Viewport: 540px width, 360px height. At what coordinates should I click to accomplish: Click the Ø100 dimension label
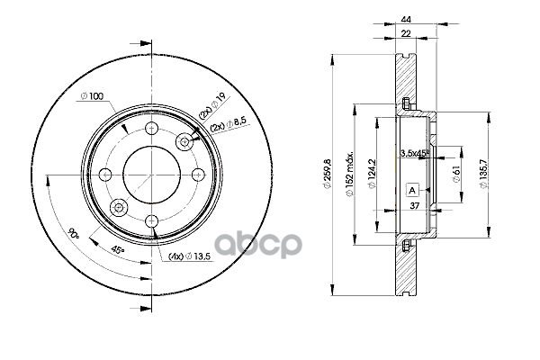pyautogui.click(x=92, y=96)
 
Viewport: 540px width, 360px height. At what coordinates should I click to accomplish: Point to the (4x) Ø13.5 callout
pyautogui.click(x=189, y=256)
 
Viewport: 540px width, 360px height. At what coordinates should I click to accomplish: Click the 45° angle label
pyautogui.click(x=118, y=250)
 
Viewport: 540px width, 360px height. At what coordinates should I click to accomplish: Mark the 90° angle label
pyautogui.click(x=73, y=233)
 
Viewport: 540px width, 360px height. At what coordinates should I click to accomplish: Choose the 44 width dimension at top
pyautogui.click(x=406, y=20)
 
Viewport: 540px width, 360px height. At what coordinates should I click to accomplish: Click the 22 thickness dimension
pyautogui.click(x=406, y=33)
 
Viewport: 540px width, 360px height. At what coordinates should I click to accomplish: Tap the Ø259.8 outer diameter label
pyautogui.click(x=327, y=175)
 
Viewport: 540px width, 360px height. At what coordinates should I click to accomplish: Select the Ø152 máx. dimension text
pyautogui.click(x=350, y=174)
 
